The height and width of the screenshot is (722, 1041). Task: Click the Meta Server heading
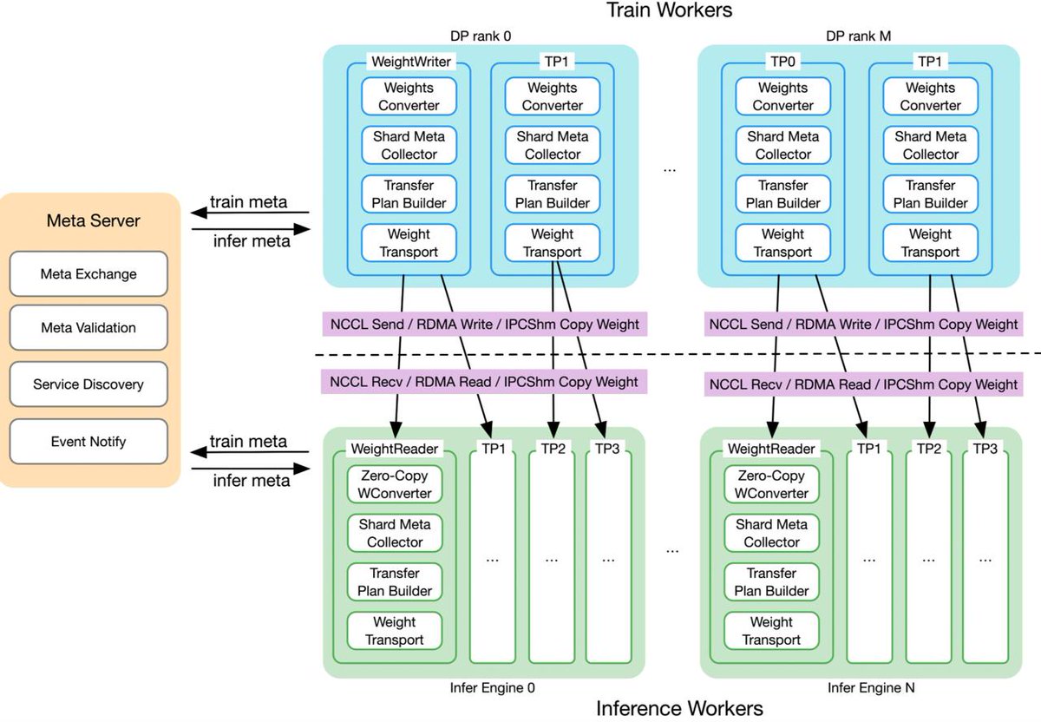(93, 220)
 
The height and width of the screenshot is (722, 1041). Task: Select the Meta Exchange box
(88, 274)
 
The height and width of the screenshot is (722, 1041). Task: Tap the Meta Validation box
(88, 328)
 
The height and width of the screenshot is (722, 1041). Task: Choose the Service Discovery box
(88, 384)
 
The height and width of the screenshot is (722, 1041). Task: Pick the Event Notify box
(88, 442)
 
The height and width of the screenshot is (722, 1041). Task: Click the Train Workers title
(669, 10)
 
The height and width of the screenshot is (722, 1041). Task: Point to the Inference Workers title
(679, 708)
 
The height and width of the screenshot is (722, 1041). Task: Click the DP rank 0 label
(481, 36)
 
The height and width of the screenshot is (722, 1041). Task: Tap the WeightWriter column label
(408, 62)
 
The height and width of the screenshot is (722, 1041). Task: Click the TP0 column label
(782, 62)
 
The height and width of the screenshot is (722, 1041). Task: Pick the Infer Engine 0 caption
(492, 687)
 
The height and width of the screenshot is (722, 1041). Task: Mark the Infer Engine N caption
(870, 687)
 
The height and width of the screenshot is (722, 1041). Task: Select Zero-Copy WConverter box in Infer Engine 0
(395, 484)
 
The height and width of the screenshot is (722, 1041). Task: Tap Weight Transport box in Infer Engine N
(771, 631)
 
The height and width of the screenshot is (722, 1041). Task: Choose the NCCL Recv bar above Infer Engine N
(863, 383)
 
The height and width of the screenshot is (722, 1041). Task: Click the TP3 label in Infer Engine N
(985, 449)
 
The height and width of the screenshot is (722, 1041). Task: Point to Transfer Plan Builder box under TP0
(782, 194)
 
